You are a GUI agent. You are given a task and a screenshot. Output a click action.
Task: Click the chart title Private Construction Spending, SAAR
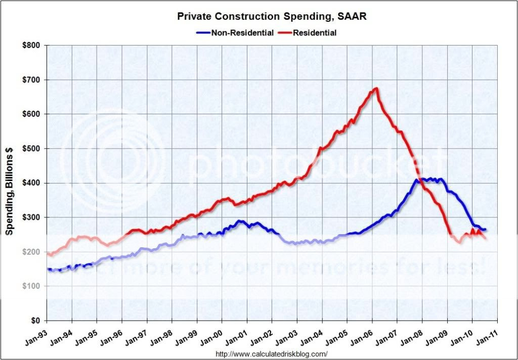pyautogui.click(x=272, y=17)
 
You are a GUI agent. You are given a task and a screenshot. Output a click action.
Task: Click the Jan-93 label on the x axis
pyautogui.click(x=35, y=335)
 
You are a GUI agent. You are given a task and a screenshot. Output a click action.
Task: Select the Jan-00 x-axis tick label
pyautogui.click(x=210, y=335)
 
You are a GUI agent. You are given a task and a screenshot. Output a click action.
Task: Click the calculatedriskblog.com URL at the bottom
pyautogui.click(x=272, y=354)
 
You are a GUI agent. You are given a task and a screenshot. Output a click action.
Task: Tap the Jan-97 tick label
pyautogui.click(x=136, y=335)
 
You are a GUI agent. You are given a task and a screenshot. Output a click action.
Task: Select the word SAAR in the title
pyautogui.click(x=350, y=17)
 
